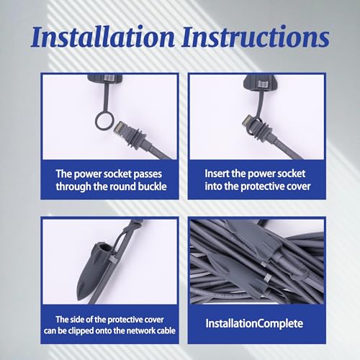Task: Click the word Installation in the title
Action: (x=103, y=37)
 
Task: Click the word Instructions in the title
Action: (x=256, y=37)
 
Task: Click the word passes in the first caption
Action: (x=148, y=175)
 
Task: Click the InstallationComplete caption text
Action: (x=254, y=323)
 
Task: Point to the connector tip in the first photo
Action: (x=120, y=127)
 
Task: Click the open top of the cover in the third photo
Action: (x=102, y=248)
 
